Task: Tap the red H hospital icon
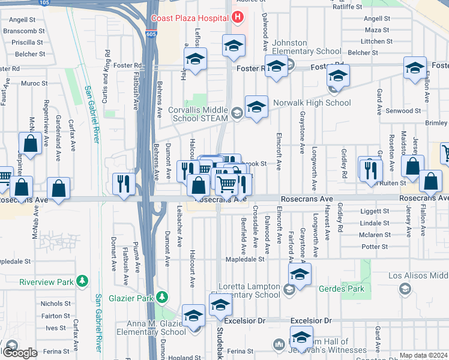coord(238,17)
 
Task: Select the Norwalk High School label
coord(312,103)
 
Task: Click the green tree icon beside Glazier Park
coord(161,297)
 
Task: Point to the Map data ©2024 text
coord(423,355)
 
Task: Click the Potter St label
coord(376,246)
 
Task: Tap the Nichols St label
coord(56,304)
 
